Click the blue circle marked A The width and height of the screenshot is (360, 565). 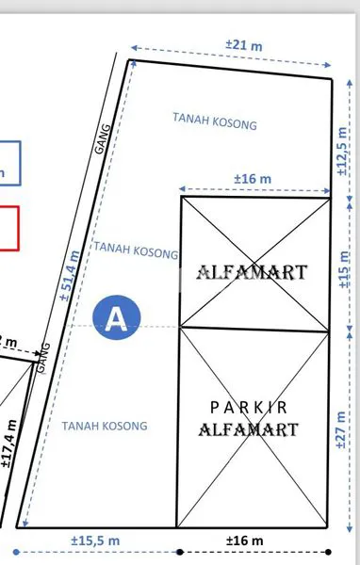click(117, 318)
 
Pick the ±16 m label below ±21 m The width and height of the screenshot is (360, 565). click(252, 179)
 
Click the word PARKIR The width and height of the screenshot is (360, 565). click(249, 408)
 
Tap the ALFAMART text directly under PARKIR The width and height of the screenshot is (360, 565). click(249, 430)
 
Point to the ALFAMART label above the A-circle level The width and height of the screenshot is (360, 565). click(252, 273)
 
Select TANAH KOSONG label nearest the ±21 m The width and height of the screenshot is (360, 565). click(215, 121)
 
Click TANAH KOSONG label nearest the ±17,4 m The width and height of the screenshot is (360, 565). click(105, 426)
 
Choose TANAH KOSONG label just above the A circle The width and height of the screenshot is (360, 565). click(136, 251)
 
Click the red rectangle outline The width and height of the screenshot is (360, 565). click(8, 229)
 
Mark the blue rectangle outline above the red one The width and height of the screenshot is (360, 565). click(8, 166)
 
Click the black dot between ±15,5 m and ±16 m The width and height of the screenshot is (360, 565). click(177, 551)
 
